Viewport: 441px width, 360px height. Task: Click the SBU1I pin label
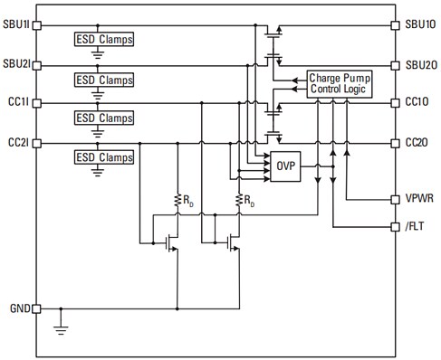[15, 25]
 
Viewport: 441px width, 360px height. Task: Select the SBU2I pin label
[15, 64]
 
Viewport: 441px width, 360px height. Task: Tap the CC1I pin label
[16, 104]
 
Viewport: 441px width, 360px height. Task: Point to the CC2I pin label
[16, 143]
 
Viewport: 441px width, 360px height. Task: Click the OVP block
[284, 165]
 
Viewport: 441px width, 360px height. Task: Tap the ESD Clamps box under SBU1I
[103, 40]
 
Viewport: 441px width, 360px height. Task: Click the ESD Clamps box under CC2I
[103, 157]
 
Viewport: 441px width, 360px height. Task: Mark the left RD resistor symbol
[177, 201]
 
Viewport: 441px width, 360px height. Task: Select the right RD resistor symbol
[240, 201]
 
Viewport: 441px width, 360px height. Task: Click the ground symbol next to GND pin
[62, 327]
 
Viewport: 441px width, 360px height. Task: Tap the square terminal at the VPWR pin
[395, 197]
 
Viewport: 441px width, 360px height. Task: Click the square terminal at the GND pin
[37, 308]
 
